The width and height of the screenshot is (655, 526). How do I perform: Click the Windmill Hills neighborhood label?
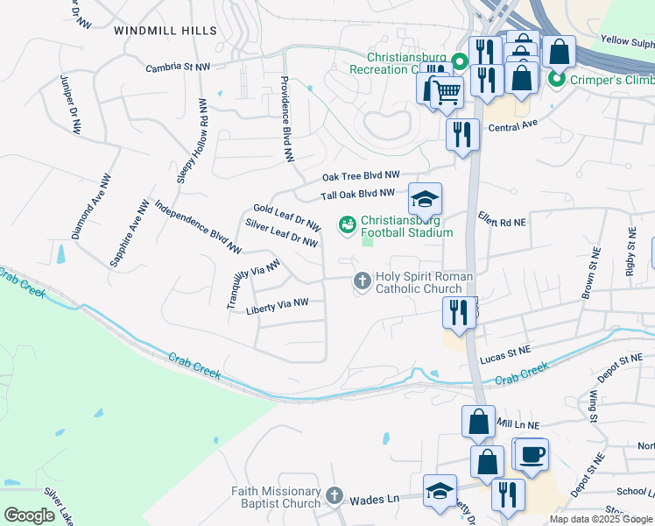tap(165, 31)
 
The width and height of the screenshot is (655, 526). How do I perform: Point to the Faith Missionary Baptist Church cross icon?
tap(333, 497)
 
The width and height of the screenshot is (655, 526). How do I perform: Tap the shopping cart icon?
tap(447, 90)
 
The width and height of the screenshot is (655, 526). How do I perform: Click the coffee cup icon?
tap(532, 455)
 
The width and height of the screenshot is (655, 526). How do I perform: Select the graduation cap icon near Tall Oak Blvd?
tap(426, 199)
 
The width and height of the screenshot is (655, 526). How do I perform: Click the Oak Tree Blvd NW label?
tap(361, 176)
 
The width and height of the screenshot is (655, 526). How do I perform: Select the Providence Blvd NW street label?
tap(285, 119)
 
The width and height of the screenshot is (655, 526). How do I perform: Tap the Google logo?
tap(29, 515)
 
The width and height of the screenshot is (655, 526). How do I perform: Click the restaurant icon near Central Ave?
tap(461, 135)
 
